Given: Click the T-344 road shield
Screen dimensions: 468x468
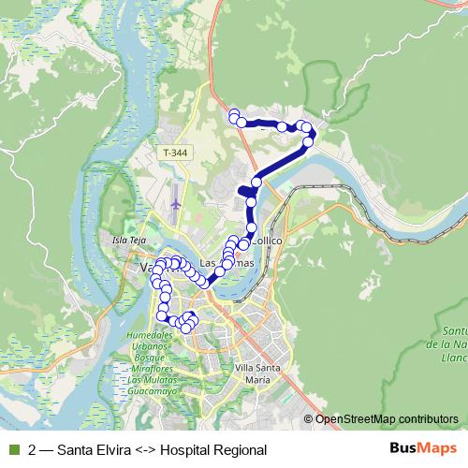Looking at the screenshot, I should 174,152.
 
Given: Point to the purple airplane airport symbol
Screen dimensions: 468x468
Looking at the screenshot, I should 176,199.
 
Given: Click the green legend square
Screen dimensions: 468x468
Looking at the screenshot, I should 12,449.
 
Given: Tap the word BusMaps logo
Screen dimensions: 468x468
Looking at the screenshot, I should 423,448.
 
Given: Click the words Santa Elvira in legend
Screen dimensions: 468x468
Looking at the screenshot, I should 94,449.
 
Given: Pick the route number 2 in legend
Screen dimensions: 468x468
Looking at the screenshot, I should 33,449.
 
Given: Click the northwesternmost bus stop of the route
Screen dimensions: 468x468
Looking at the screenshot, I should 234,115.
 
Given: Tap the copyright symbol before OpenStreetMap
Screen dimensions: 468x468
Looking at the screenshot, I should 309,419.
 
